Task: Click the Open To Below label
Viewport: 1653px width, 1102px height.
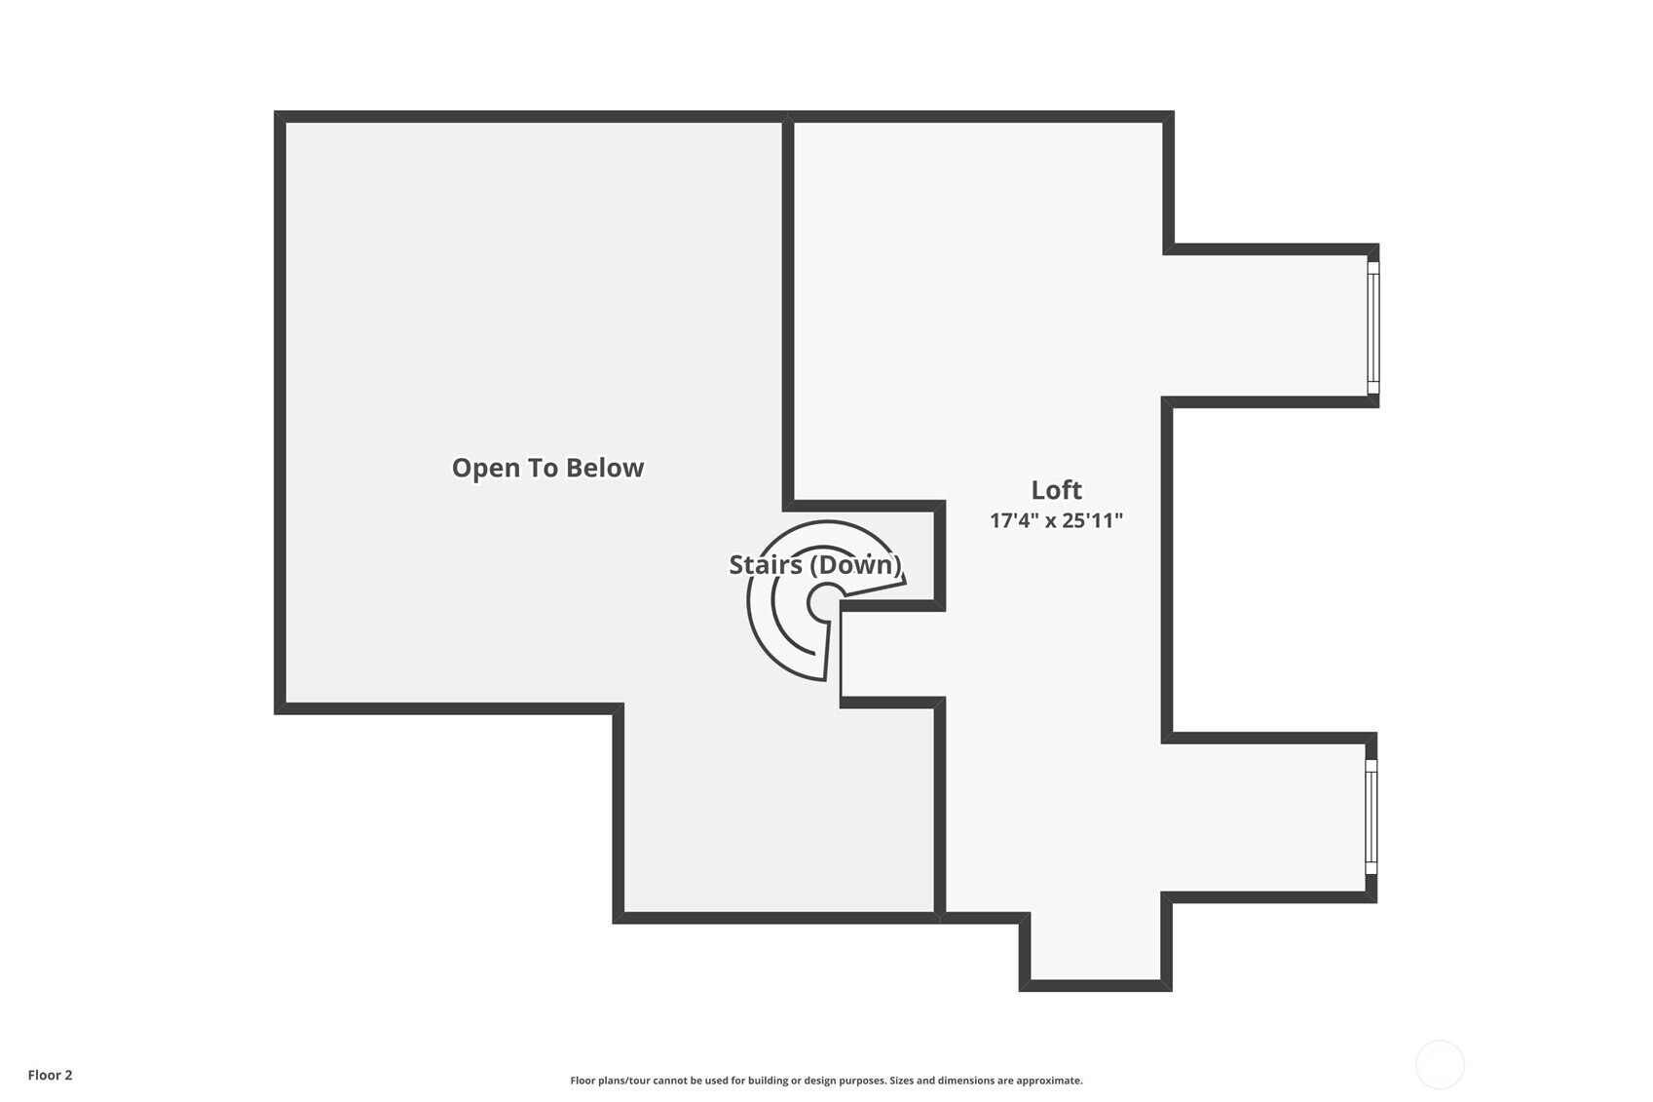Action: coord(547,468)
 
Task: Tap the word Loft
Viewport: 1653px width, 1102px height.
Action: coord(1056,489)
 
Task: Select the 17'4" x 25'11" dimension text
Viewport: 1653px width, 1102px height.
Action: coord(1056,520)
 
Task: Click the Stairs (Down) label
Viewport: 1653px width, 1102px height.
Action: coord(814,564)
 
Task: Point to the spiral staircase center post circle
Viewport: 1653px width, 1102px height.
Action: coord(825,602)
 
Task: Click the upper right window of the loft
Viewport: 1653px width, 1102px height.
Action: coord(1372,327)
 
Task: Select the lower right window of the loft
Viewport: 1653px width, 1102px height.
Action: coord(1371,817)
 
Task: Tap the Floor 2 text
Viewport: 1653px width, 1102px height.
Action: coord(50,1075)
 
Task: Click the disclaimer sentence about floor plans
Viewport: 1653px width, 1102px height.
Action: coord(826,1080)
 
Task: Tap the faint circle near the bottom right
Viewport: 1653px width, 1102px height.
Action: coord(1439,1064)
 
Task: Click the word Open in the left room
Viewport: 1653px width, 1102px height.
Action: coord(484,468)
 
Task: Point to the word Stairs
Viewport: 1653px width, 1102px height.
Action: coord(766,564)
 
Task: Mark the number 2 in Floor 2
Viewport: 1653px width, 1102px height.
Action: coord(68,1075)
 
